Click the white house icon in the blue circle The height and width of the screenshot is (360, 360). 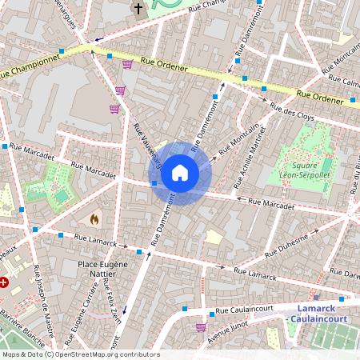point(180,172)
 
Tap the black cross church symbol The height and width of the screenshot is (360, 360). point(138,9)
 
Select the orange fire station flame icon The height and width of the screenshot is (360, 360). point(94,218)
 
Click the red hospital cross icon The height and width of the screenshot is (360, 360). point(5,282)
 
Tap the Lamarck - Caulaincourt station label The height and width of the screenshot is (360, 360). point(318,314)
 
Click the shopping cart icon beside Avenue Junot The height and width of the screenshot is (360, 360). point(200,326)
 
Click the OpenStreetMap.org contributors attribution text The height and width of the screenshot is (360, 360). point(107,354)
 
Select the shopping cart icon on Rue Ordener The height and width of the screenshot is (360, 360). point(127,64)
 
